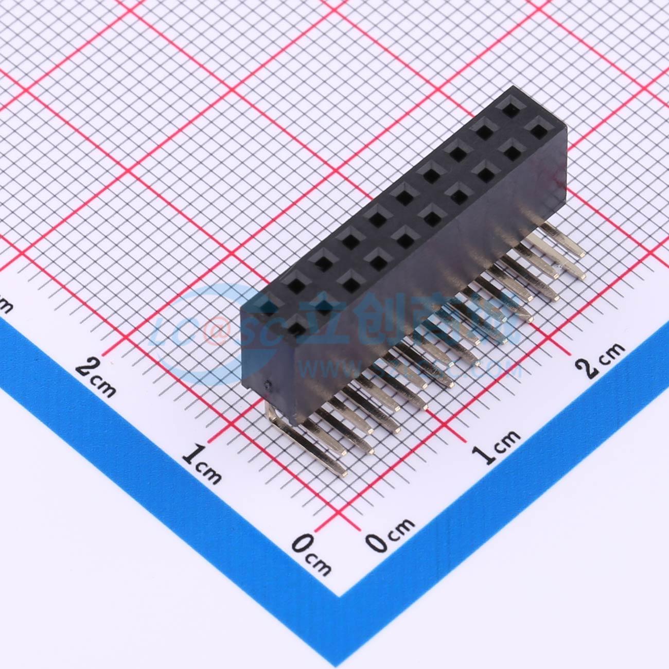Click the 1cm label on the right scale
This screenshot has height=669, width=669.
point(497,447)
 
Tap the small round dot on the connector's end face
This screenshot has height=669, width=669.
point(267,384)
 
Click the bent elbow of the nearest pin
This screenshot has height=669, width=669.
point(273,412)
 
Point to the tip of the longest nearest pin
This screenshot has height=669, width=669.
point(342,472)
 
